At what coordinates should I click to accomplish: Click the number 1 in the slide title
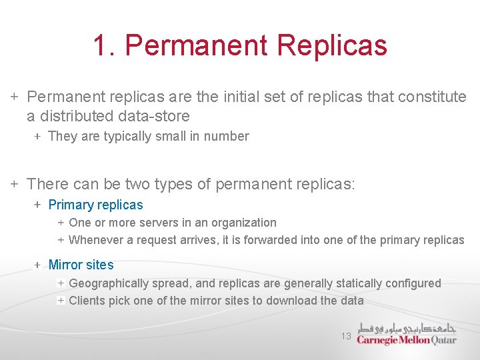101,45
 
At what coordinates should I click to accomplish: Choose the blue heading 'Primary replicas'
95,205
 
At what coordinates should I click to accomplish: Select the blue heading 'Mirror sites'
81,265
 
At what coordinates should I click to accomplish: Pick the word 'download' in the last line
291,301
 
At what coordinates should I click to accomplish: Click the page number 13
346,336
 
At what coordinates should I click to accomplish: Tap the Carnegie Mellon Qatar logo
407,333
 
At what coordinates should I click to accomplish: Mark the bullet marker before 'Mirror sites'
38,265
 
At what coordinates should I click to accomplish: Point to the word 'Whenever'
95,240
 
